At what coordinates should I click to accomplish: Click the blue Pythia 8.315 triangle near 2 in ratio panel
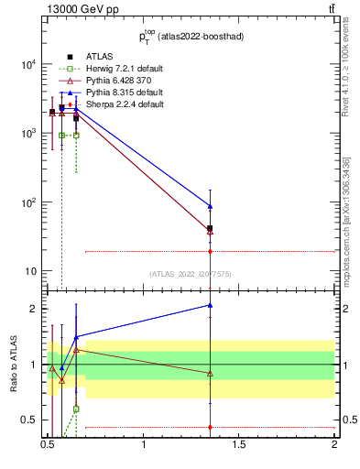[211, 305]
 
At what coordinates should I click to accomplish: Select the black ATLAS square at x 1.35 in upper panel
[211, 228]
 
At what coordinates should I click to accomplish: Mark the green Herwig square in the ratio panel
[76, 409]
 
